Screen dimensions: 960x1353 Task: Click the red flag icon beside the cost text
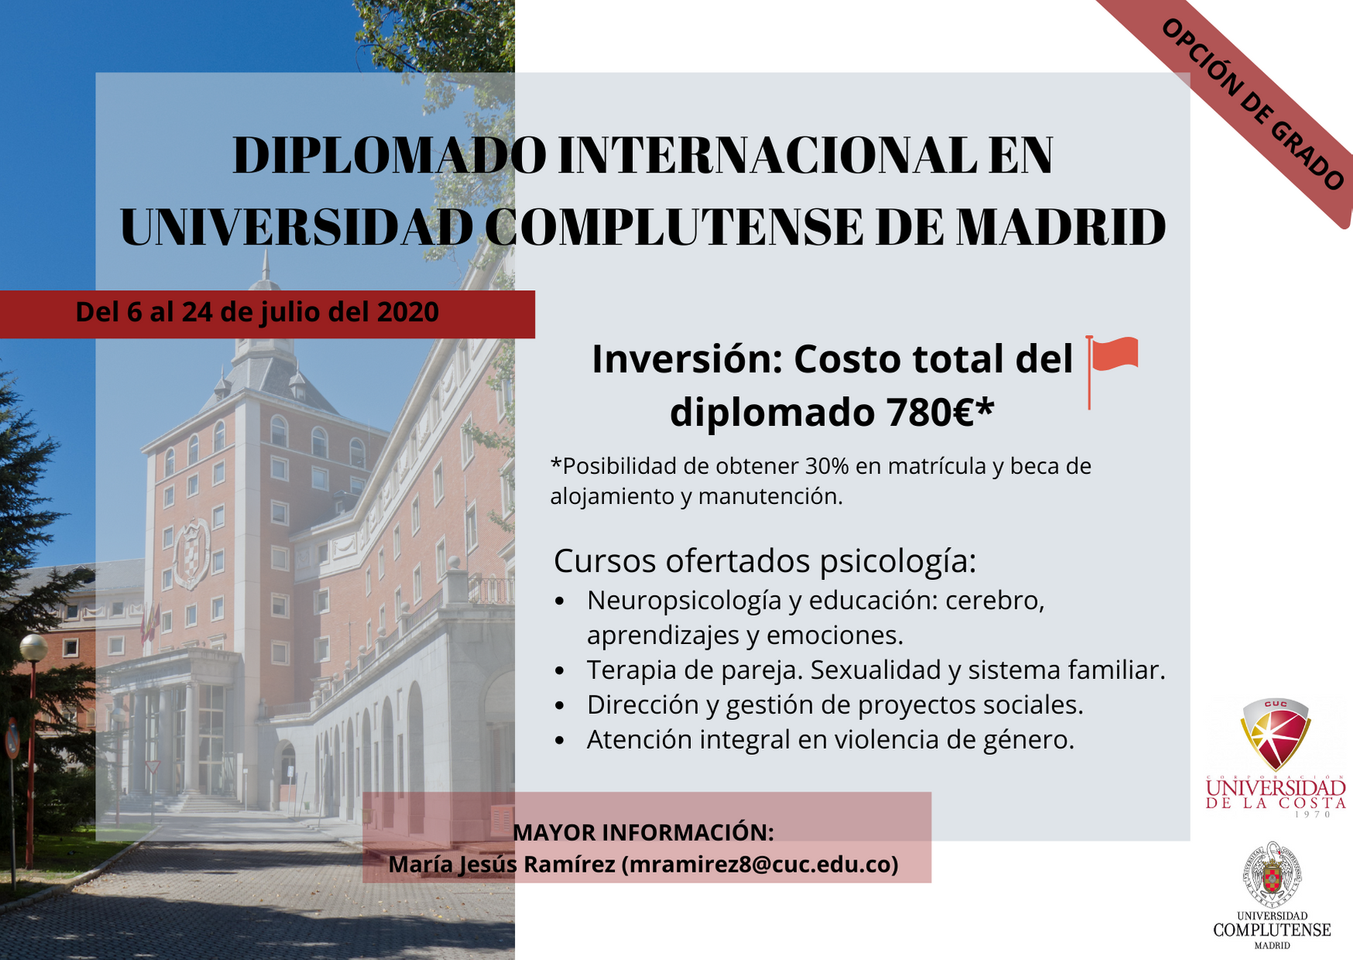(x=1113, y=364)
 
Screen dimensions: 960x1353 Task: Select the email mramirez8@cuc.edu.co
(x=759, y=864)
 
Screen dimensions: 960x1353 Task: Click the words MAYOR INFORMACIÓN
(x=643, y=832)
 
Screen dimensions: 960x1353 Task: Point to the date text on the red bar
(x=257, y=312)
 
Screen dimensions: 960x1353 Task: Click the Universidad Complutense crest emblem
(x=1272, y=875)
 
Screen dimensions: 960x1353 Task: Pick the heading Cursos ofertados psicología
(x=764, y=561)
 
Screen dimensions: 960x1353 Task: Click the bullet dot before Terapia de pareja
(x=560, y=670)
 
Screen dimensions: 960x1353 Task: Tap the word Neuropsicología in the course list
(x=684, y=600)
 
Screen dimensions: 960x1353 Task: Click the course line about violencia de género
(x=830, y=739)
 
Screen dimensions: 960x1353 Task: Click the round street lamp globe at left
(x=33, y=648)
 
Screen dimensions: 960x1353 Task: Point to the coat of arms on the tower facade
(x=191, y=554)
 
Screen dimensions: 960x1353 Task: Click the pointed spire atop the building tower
(x=266, y=267)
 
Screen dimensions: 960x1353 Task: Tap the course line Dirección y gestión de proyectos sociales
(x=835, y=705)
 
